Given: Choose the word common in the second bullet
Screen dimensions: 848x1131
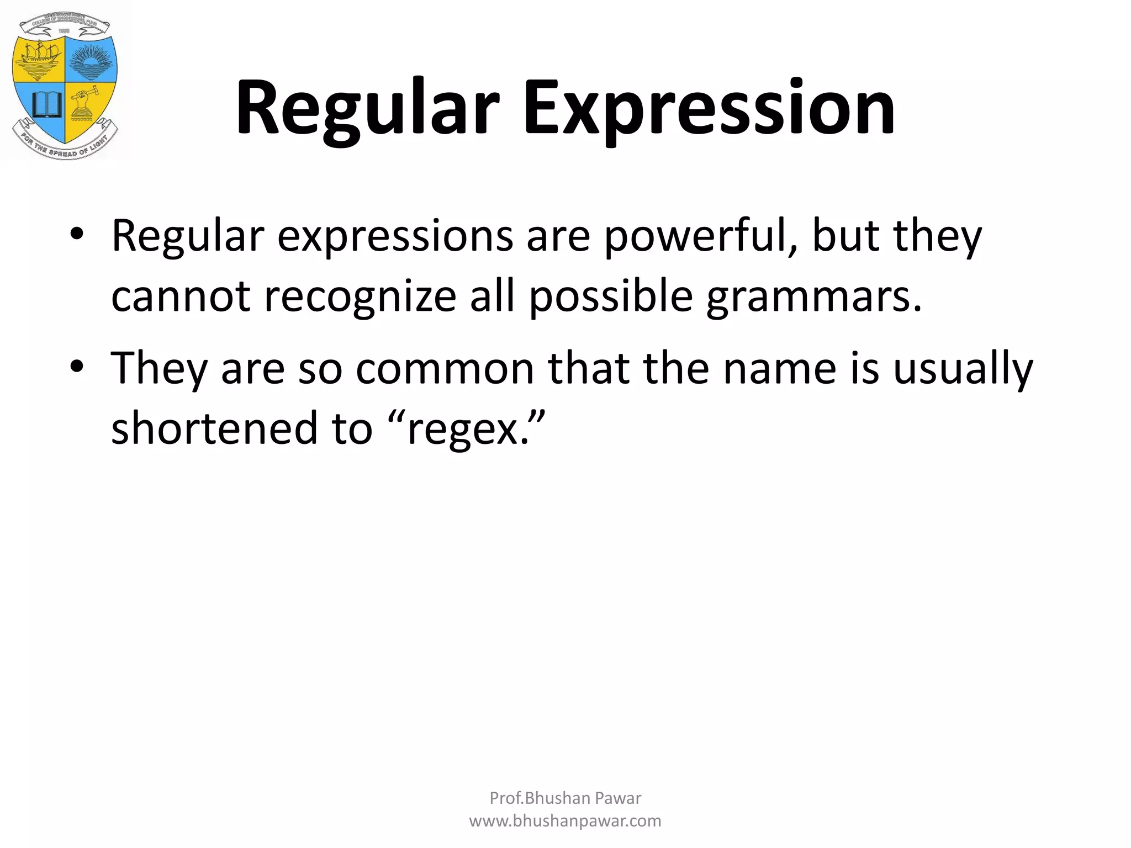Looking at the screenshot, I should pos(445,369).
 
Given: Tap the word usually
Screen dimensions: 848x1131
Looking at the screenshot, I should pos(963,369).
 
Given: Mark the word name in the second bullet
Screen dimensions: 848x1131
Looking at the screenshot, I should pos(780,369).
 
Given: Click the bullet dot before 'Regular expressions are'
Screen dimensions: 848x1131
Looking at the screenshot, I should pos(77,235).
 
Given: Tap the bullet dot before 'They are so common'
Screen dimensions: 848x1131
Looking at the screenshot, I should pos(77,367).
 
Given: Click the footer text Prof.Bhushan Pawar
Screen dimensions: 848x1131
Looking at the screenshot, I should pos(565,798).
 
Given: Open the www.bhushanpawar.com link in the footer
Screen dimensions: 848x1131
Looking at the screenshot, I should pos(565,821).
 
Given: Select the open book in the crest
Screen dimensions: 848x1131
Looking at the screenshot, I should pos(45,105).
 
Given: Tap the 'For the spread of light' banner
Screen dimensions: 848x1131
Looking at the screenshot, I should pos(65,147).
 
